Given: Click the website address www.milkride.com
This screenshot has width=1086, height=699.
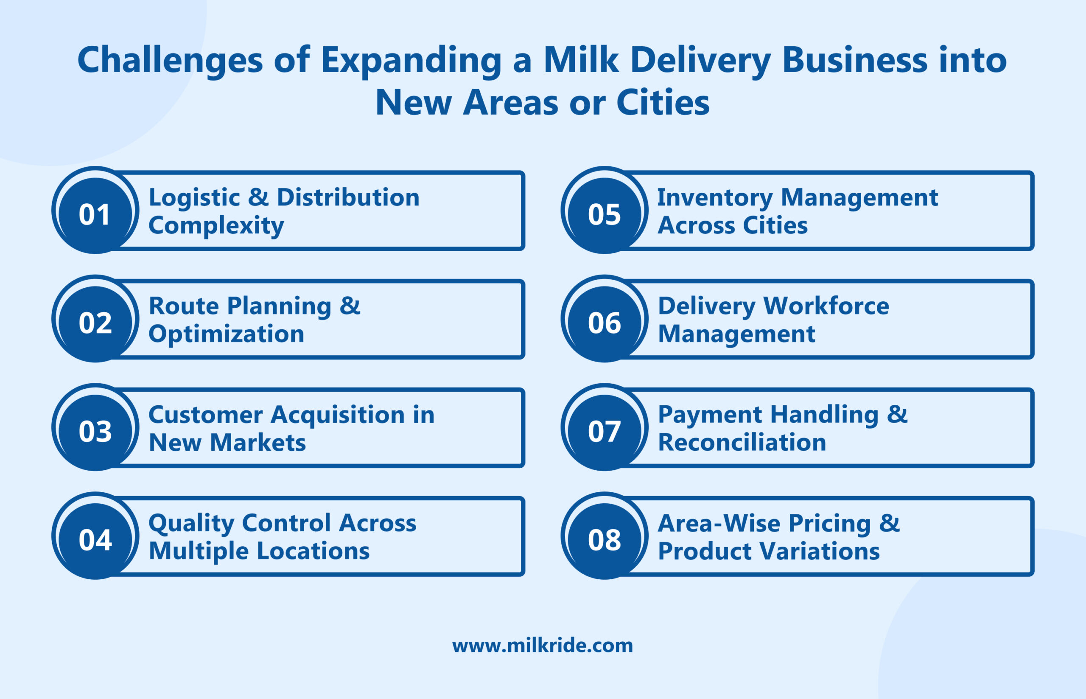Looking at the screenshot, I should [543, 646].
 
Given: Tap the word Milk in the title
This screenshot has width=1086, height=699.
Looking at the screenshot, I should [581, 60].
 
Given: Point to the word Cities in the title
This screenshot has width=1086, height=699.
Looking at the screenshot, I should [663, 103].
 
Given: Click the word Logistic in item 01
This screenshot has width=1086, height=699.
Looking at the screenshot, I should [194, 198].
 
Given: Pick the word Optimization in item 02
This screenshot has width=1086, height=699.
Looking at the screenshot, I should [226, 334].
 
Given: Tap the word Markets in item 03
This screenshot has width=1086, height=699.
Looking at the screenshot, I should [258, 443].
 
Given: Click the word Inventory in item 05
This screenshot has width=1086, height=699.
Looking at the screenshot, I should [715, 198].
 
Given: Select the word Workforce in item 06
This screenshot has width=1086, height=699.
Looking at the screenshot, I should [826, 306].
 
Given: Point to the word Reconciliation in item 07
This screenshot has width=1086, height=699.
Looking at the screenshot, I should [742, 443].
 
